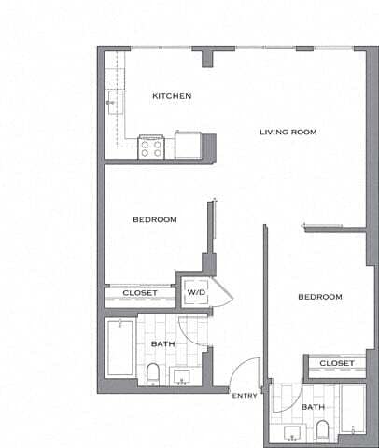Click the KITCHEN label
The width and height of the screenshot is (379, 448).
[x=172, y=96]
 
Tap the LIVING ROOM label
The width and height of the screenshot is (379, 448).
[x=288, y=133]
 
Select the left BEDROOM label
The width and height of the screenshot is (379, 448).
[x=155, y=219]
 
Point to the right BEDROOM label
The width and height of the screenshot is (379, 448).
[x=319, y=297]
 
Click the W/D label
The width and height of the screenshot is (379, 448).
[x=196, y=292]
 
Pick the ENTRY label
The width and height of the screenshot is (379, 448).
[x=245, y=396]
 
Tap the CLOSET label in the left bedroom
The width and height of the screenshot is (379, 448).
[x=140, y=294]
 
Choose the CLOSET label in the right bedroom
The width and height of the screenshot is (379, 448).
[x=336, y=363]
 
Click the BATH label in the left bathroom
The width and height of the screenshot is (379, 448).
[x=162, y=344]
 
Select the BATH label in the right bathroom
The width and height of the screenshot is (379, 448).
[x=313, y=407]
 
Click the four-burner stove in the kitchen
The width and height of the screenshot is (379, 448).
[x=152, y=147]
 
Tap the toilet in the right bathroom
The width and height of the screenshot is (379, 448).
[x=323, y=430]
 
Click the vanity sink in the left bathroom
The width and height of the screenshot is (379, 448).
[x=182, y=377]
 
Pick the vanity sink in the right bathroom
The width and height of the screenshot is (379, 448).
[x=291, y=432]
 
